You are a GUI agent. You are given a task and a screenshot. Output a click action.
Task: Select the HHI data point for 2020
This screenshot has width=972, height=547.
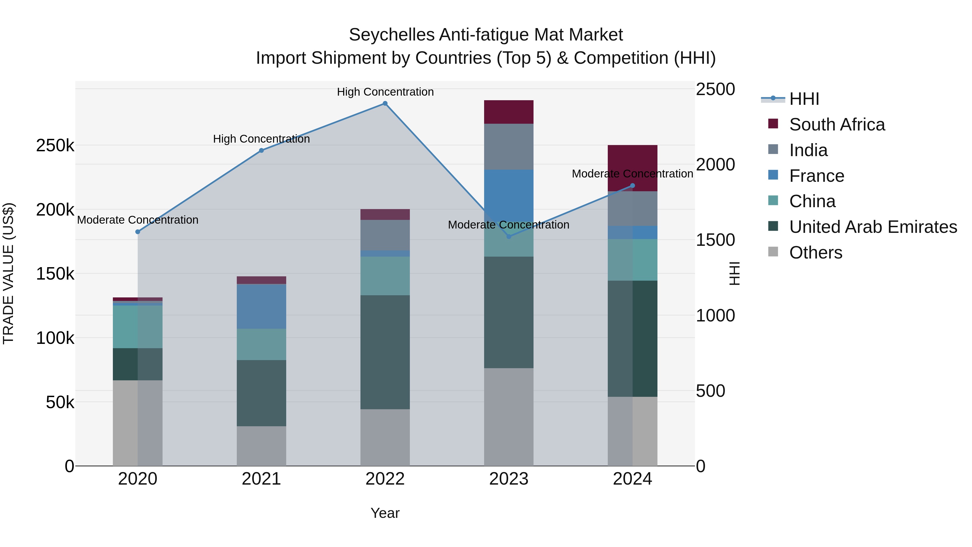click(138, 232)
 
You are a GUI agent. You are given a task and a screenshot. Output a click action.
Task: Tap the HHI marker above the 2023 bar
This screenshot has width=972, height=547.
click(509, 237)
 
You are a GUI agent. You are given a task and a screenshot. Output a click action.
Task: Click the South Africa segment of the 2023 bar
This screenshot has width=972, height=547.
click(509, 112)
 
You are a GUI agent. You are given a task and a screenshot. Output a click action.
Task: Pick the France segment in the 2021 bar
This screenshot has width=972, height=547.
click(261, 307)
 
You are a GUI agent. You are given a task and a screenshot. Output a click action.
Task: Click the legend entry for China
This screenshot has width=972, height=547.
click(812, 201)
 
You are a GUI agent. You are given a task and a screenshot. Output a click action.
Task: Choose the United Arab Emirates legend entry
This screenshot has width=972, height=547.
click(873, 227)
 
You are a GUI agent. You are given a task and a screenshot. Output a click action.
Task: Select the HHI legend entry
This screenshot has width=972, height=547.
click(804, 99)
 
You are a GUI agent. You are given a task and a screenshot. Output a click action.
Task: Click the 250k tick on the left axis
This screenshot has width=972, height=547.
click(55, 145)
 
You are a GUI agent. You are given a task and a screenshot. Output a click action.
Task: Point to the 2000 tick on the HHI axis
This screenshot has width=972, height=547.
click(715, 165)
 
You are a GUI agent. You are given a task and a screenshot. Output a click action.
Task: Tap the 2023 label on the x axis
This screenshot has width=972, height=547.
click(509, 479)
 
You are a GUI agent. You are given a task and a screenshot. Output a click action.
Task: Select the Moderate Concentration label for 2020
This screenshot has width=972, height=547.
click(138, 220)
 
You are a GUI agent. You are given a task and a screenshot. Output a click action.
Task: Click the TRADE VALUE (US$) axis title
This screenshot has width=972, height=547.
click(8, 273)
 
